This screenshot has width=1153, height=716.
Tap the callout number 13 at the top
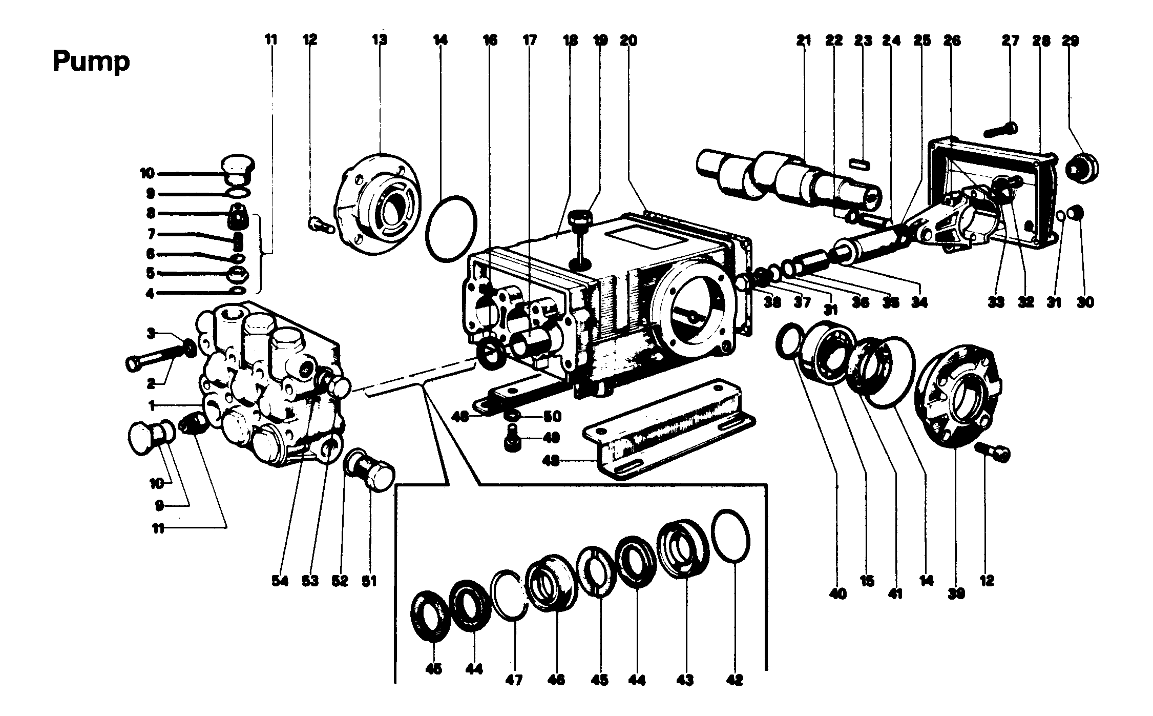pyautogui.click(x=380, y=40)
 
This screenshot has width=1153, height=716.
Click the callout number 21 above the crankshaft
pyautogui.click(x=804, y=40)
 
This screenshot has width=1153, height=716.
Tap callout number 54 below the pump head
pyautogui.click(x=280, y=581)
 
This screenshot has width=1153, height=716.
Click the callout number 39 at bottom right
pyautogui.click(x=956, y=594)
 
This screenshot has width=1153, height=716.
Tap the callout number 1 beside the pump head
pyautogui.click(x=152, y=405)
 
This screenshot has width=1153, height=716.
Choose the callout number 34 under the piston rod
pyautogui.click(x=919, y=302)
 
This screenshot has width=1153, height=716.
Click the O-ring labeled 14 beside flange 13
pyautogui.click(x=451, y=228)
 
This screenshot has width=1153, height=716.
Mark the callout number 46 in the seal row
pyautogui.click(x=556, y=680)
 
